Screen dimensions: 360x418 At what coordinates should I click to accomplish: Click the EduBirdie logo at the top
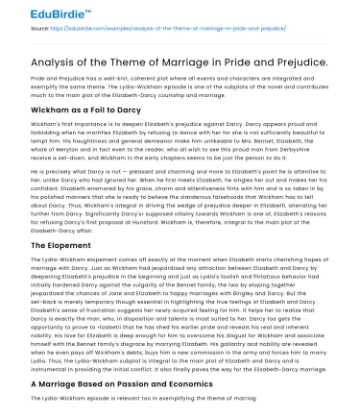pyautogui.click(x=42, y=12)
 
